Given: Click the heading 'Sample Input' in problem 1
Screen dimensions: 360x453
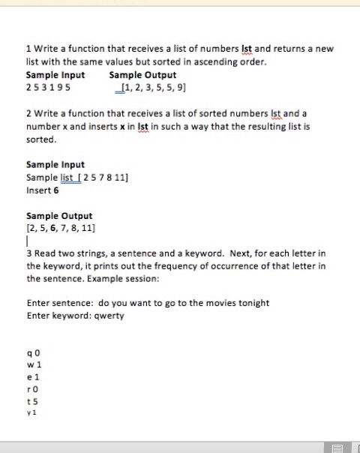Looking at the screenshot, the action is click(55, 75).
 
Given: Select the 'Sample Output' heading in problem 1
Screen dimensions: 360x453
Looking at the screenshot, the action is click(142, 75).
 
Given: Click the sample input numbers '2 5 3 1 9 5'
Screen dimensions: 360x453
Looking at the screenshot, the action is click(49, 88).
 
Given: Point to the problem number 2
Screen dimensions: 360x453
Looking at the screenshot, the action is click(28, 114).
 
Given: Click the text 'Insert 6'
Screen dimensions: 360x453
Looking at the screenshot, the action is click(43, 190).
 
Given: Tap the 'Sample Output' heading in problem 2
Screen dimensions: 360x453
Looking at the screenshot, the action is click(59, 215).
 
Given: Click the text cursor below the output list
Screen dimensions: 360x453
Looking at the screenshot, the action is click(27, 241).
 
